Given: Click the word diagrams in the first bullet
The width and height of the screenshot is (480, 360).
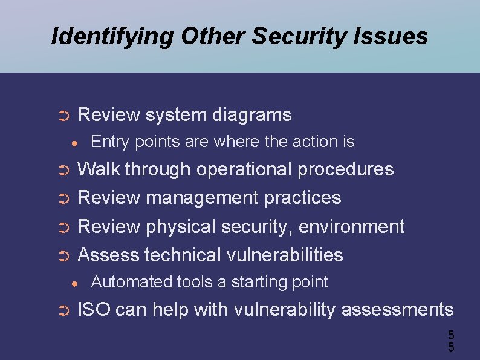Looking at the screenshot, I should tap(251, 115).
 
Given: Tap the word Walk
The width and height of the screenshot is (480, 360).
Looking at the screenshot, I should tap(99, 169).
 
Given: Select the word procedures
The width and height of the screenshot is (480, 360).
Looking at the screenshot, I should tap(345, 169).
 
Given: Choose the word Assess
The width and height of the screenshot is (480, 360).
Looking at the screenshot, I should tap(109, 255).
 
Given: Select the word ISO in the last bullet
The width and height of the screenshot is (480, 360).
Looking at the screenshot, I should tap(94, 310).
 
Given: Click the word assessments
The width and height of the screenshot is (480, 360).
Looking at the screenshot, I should tap(397, 310).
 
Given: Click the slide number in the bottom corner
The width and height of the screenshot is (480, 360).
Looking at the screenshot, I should tap(450, 341).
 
